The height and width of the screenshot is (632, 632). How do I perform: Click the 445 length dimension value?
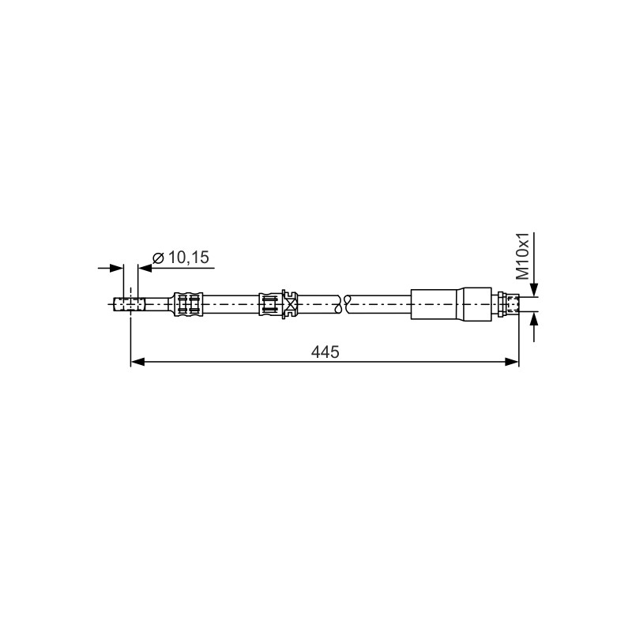click(x=325, y=352)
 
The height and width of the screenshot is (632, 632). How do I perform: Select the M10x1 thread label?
click(x=523, y=256)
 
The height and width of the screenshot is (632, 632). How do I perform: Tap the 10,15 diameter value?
click(x=189, y=258)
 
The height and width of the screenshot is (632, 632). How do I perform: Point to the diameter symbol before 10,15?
click(x=158, y=258)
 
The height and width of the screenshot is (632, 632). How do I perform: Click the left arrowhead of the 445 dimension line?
click(x=137, y=362)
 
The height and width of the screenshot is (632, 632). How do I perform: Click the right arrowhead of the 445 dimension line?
click(x=512, y=362)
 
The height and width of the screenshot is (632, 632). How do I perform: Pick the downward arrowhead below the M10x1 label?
click(x=534, y=290)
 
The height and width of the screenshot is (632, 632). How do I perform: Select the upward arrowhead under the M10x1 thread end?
click(x=534, y=318)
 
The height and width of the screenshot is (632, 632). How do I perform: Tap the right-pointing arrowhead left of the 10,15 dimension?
click(x=116, y=268)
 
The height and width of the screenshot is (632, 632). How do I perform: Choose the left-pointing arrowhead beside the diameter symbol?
click(x=145, y=268)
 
